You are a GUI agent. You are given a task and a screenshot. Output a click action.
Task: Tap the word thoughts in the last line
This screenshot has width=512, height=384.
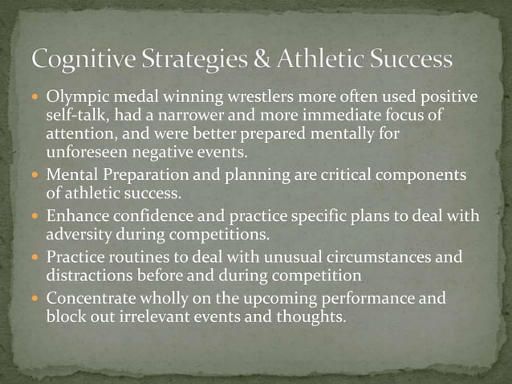point(312,317)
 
